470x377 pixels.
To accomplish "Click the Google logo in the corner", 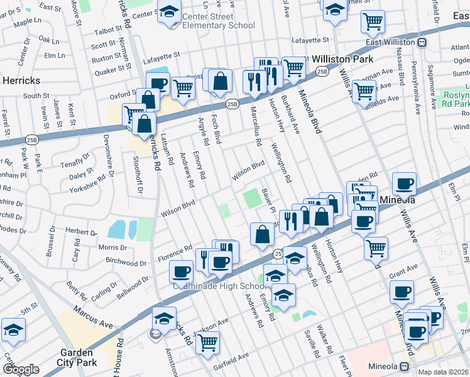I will pyautogui.click(x=20, y=369).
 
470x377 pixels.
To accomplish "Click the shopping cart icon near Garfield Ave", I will pyautogui.click(x=207, y=342).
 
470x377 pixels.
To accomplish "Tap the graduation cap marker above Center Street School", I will pyautogui.click(x=168, y=11).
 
